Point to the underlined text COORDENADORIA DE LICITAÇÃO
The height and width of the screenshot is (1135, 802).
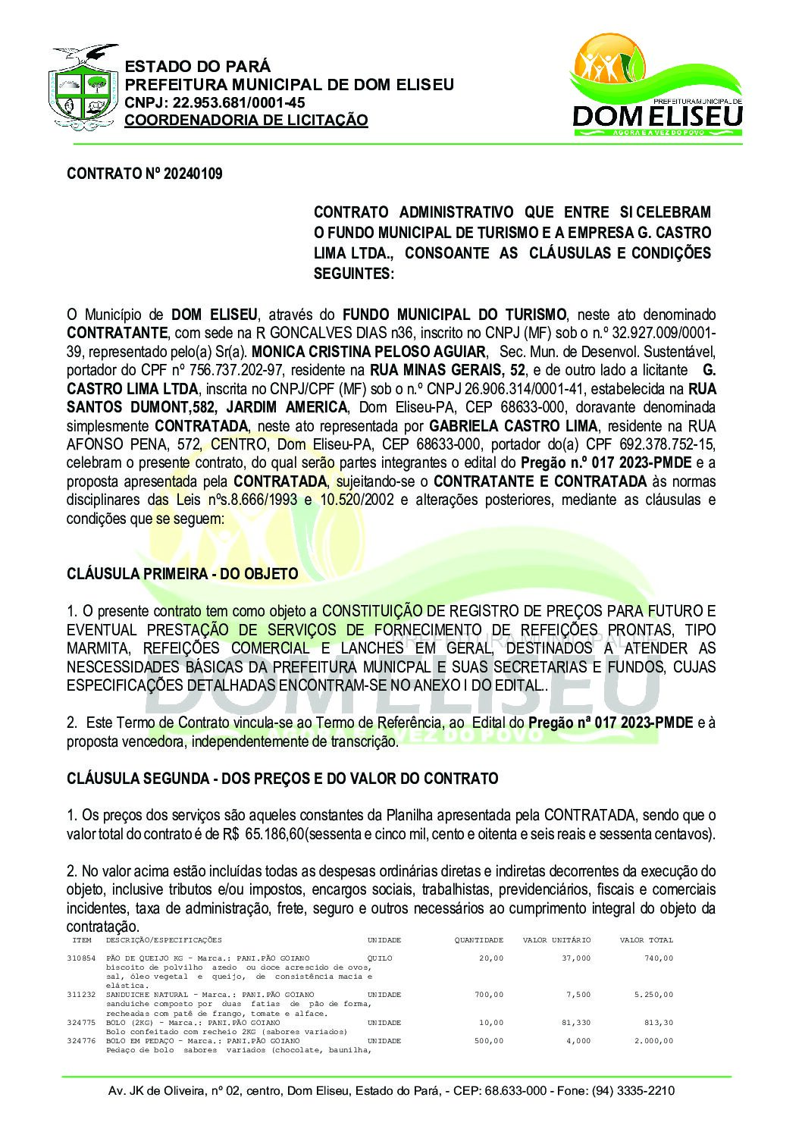point(246,121)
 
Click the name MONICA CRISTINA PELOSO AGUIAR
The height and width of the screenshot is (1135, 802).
point(368,352)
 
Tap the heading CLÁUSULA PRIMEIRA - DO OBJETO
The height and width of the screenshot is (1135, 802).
point(182,574)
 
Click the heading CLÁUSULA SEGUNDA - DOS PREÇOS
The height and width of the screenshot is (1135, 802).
point(282,779)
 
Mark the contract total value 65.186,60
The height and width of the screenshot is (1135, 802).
point(274,834)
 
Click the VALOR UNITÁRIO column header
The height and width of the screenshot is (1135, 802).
point(556,940)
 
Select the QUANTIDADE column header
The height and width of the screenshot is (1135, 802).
point(478,940)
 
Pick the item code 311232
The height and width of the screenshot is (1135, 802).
point(81,995)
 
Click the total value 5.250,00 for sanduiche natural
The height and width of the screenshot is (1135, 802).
point(655,995)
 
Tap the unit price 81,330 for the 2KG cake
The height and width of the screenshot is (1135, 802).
point(575,1023)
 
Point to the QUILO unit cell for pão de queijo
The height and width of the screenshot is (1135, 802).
point(380,958)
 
